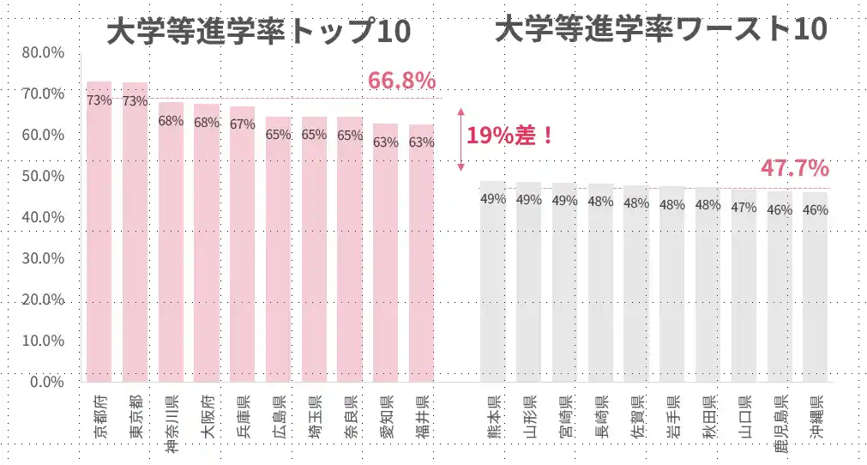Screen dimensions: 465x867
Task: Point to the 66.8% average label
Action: (x=401, y=82)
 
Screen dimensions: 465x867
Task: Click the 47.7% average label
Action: (x=794, y=168)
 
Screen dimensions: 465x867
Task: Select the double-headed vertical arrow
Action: (x=461, y=139)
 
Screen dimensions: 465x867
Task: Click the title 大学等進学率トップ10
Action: (x=259, y=32)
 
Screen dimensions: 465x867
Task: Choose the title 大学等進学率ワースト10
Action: (x=661, y=30)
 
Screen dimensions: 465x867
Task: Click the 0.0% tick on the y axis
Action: (x=47, y=382)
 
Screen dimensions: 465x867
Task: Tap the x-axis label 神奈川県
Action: (x=171, y=420)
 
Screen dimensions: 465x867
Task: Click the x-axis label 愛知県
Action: (x=385, y=416)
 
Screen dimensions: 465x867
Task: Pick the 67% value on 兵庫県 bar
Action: (x=243, y=124)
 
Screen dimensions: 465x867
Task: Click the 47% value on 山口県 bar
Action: (x=744, y=207)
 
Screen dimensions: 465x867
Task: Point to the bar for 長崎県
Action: (x=600, y=282)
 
